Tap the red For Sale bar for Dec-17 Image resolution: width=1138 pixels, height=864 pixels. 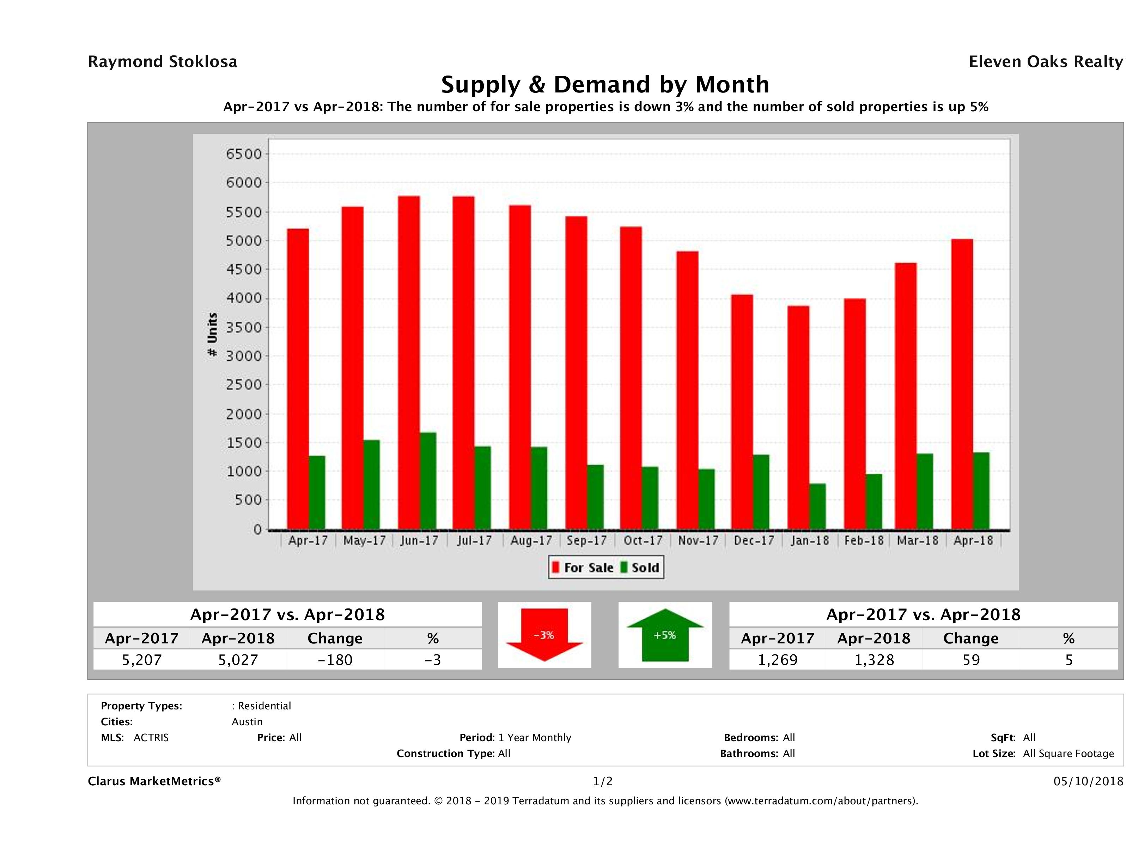click(742, 412)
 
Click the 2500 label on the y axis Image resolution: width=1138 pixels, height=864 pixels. click(244, 385)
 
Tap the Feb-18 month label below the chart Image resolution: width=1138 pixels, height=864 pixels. click(864, 541)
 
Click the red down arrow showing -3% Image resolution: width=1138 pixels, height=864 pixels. click(544, 635)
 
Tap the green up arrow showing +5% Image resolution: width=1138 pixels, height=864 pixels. click(665, 635)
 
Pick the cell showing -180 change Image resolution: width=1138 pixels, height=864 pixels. click(335, 660)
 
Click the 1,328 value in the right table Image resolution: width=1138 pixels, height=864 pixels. click(874, 660)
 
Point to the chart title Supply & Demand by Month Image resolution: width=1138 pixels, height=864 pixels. click(605, 84)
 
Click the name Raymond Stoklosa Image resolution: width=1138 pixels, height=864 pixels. click(163, 62)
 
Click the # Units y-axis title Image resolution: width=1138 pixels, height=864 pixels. click(212, 335)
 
